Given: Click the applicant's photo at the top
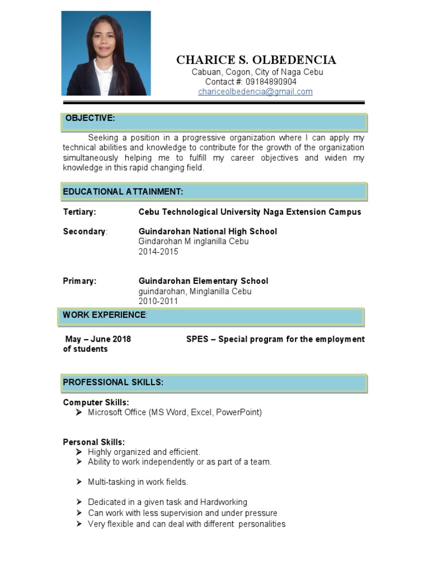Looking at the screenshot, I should click(106, 53).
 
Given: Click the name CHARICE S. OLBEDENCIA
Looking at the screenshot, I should click(256, 60).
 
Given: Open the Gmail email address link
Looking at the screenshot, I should click(255, 92).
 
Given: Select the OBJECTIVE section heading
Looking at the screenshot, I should click(90, 118).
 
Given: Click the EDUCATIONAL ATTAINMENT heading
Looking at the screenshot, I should click(123, 191).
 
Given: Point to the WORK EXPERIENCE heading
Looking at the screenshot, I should click(105, 315).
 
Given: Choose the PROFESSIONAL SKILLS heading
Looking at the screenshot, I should click(113, 382).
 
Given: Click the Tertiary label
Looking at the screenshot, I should click(80, 212).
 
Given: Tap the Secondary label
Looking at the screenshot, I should click(84, 232).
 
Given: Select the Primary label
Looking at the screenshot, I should click(80, 281).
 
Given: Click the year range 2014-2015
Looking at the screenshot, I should click(158, 252).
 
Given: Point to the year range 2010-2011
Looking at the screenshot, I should click(158, 301).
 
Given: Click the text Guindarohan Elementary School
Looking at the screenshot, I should click(203, 281).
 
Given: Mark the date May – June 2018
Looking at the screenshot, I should click(98, 339).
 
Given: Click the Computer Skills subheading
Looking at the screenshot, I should click(96, 402).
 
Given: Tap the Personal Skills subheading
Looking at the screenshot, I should click(94, 443).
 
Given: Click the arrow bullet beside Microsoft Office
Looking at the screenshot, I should click(79, 412).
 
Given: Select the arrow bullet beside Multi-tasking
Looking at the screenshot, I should click(79, 482).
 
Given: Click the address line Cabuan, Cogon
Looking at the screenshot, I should click(257, 72).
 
